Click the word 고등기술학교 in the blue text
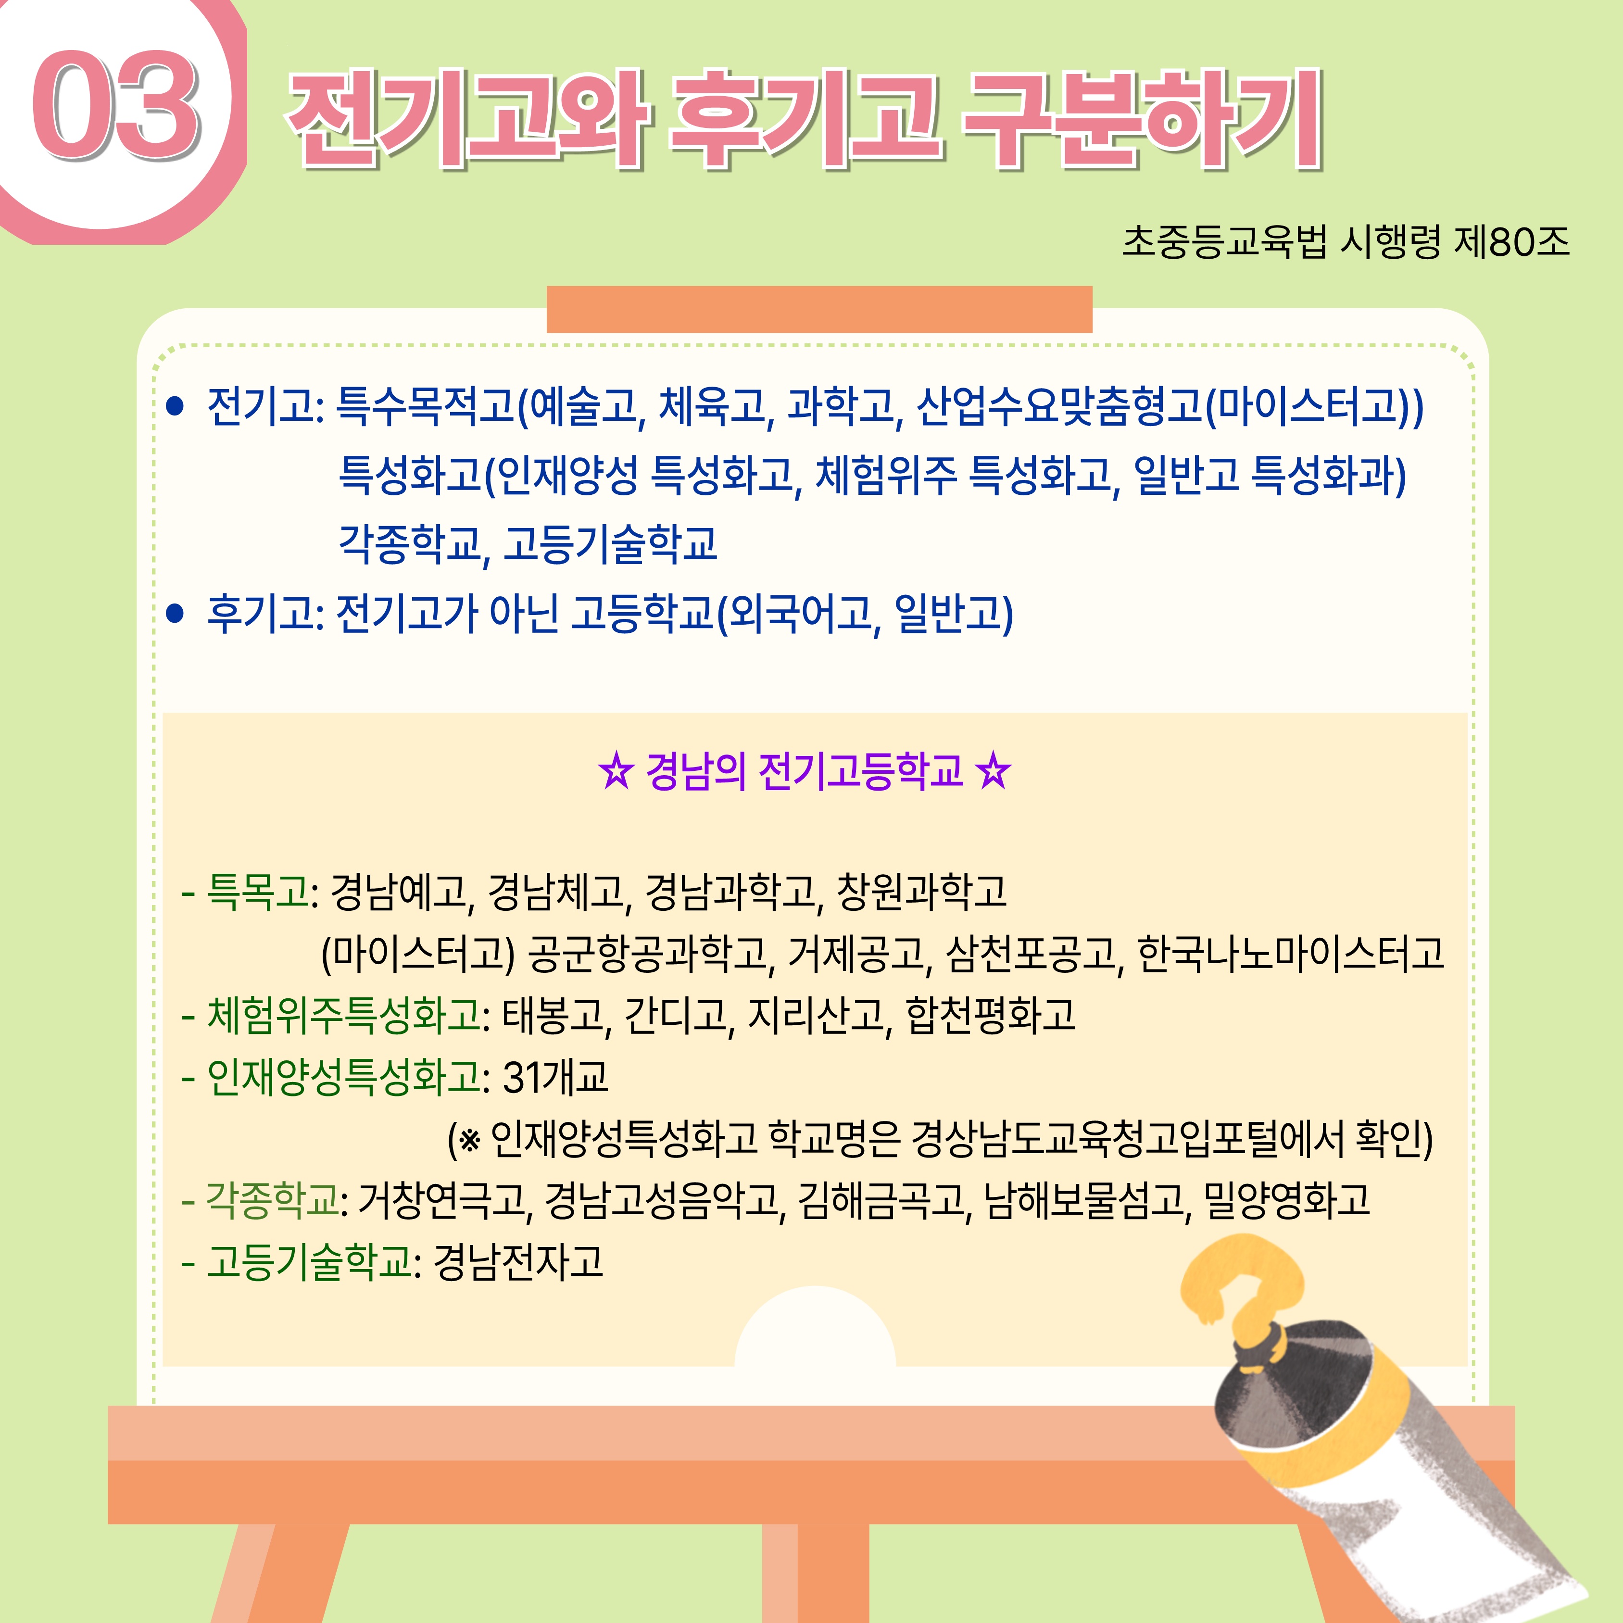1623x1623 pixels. point(611,543)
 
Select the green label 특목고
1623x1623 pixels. point(258,891)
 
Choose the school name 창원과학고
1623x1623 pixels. point(921,891)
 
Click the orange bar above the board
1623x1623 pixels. point(819,309)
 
